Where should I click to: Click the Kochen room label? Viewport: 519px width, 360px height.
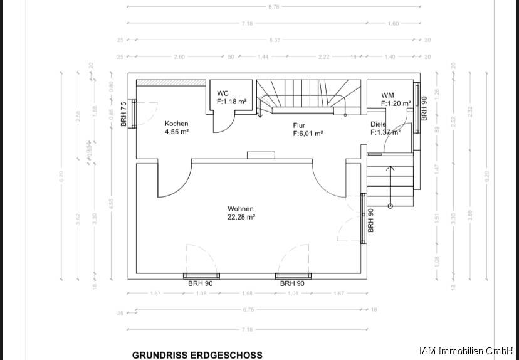tap(176, 124)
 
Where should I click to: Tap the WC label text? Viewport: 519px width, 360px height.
tap(223, 93)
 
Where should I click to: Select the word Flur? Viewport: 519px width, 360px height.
tap(299, 125)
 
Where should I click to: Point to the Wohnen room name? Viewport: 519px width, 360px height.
tap(241, 209)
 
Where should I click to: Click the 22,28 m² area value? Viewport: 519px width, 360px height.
tap(241, 218)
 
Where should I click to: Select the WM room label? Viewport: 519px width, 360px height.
tap(387, 95)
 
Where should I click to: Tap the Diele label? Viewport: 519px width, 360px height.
tap(378, 124)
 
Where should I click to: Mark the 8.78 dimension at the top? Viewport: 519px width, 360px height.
tap(273, 6)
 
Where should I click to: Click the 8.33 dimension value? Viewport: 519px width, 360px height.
tap(275, 40)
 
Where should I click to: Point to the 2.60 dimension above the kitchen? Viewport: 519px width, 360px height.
tap(179, 57)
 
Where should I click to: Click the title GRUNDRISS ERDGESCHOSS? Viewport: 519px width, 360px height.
tap(197, 354)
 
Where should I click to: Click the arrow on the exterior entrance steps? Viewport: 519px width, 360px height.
tap(390, 168)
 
